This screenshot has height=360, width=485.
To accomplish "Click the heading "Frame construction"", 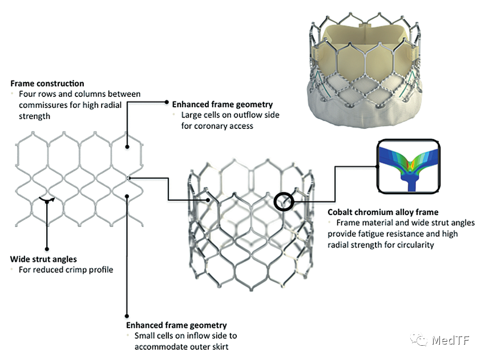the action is tap(47, 83).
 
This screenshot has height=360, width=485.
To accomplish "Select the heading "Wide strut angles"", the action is tap(43, 259).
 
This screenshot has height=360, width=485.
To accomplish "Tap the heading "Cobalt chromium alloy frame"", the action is tap(383, 212).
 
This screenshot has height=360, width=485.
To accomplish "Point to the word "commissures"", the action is tap(43, 105).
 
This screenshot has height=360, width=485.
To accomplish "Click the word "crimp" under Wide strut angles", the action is tap(76, 270).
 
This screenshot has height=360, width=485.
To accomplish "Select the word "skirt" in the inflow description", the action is tap(219, 347).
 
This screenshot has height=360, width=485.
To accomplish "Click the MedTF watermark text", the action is tap(451, 340).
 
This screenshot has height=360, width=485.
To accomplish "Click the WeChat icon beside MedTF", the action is tap(418, 339).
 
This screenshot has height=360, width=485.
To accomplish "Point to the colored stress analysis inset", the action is tap(409, 167).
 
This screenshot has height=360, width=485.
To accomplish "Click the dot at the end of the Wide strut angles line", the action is tap(47, 249).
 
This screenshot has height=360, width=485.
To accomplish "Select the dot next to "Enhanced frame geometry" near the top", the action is tap(167, 102).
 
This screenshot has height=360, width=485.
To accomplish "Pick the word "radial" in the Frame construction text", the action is tap(112, 105).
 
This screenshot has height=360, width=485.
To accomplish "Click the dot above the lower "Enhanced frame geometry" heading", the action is tap(127, 316).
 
